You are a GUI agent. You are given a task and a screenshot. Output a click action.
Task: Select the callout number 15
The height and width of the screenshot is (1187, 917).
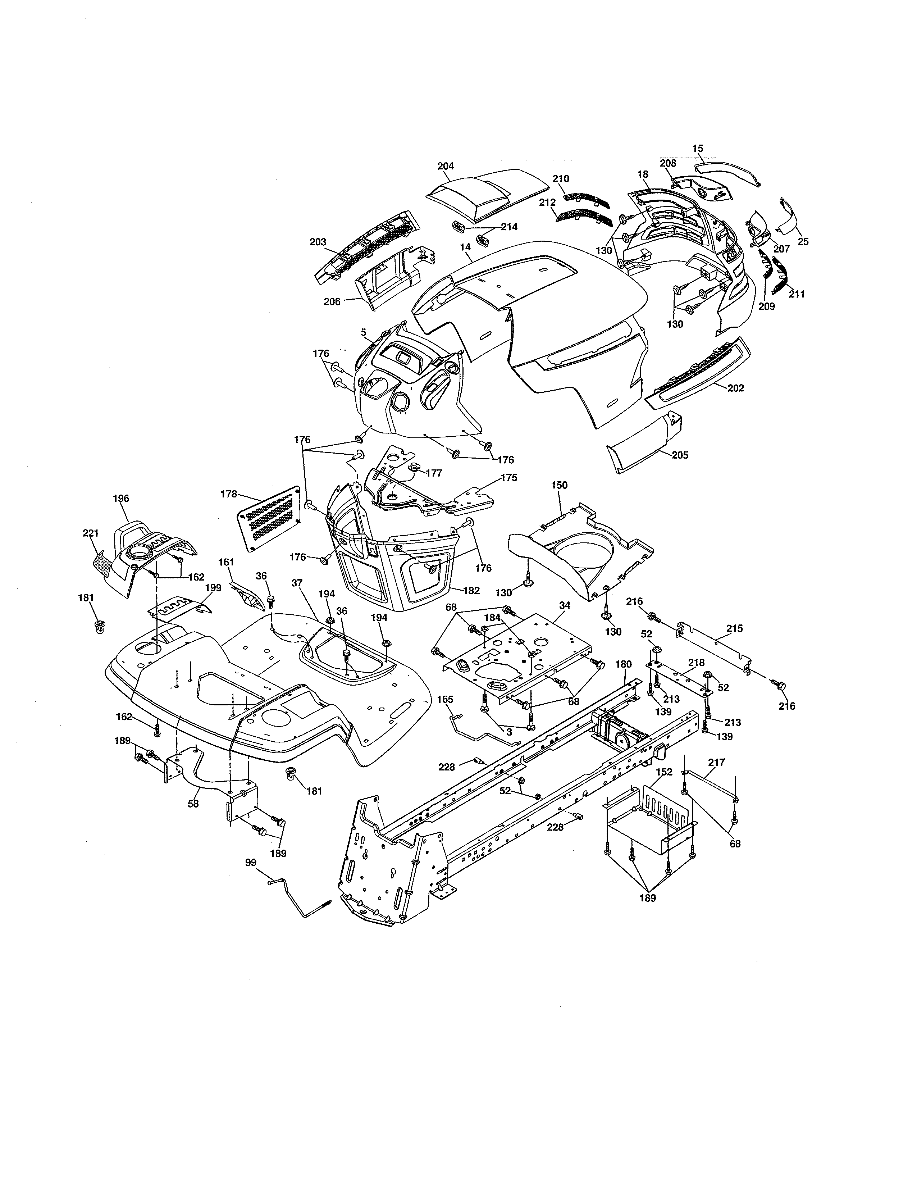(698, 148)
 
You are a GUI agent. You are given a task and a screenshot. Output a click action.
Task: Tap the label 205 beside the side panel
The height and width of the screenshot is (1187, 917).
(680, 455)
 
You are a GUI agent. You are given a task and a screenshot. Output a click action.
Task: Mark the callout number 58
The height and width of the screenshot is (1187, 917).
(193, 803)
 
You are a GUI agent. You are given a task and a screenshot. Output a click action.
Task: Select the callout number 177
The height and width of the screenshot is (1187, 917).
(434, 473)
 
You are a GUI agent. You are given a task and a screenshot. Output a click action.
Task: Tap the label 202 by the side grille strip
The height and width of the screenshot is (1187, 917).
(735, 388)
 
